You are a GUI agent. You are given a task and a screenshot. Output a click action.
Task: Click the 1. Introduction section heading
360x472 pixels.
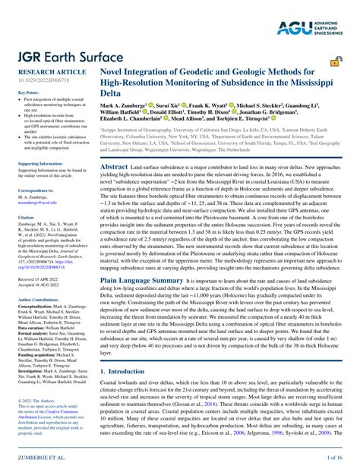tap(130, 372)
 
